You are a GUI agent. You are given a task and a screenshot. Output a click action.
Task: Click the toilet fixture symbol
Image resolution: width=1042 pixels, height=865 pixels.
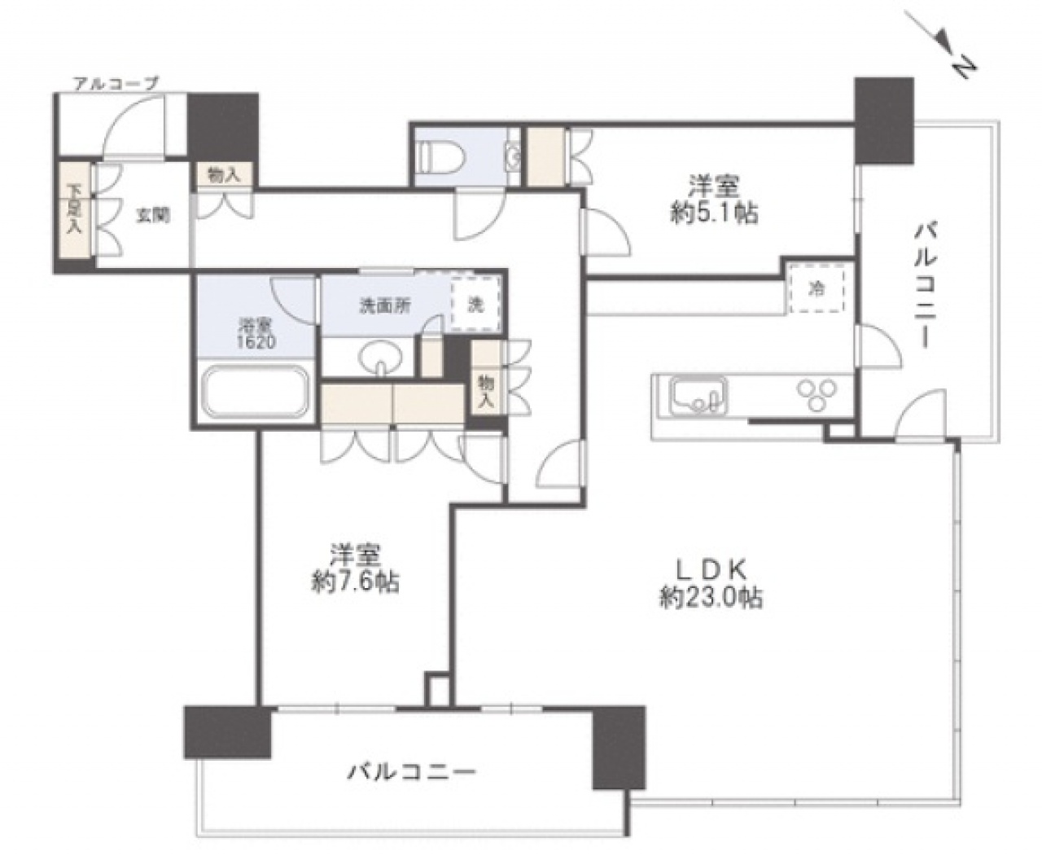pos(442,156)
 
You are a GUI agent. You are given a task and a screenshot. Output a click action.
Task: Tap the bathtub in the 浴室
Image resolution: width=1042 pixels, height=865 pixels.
pos(256,392)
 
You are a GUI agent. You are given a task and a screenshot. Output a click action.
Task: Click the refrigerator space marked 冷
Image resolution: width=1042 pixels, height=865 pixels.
pos(817,289)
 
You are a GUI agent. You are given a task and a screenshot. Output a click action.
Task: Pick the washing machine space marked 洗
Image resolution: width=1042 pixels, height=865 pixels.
pos(475,305)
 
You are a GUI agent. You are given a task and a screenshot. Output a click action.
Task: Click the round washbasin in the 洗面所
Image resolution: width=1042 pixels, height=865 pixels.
pos(381,357)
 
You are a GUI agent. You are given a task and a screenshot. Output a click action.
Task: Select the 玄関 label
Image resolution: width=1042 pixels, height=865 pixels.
pos(153,216)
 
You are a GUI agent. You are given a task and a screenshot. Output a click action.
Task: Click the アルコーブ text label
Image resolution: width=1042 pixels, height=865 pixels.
pos(116,83)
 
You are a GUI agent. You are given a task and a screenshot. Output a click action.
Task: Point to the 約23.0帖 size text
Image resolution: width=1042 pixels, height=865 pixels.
pos(711,598)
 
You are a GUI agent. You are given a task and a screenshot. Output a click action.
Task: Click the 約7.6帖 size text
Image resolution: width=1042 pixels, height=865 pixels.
pos(355,582)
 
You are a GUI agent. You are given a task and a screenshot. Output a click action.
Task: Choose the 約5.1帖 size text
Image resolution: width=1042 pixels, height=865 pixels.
pos(714,214)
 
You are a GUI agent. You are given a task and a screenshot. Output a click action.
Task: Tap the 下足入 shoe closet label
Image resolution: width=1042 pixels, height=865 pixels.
pos(75,209)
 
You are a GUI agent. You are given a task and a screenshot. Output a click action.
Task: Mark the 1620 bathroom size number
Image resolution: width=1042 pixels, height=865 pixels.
pos(256,343)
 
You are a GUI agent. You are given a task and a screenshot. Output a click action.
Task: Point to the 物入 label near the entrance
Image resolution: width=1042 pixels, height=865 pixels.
pos(224,175)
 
